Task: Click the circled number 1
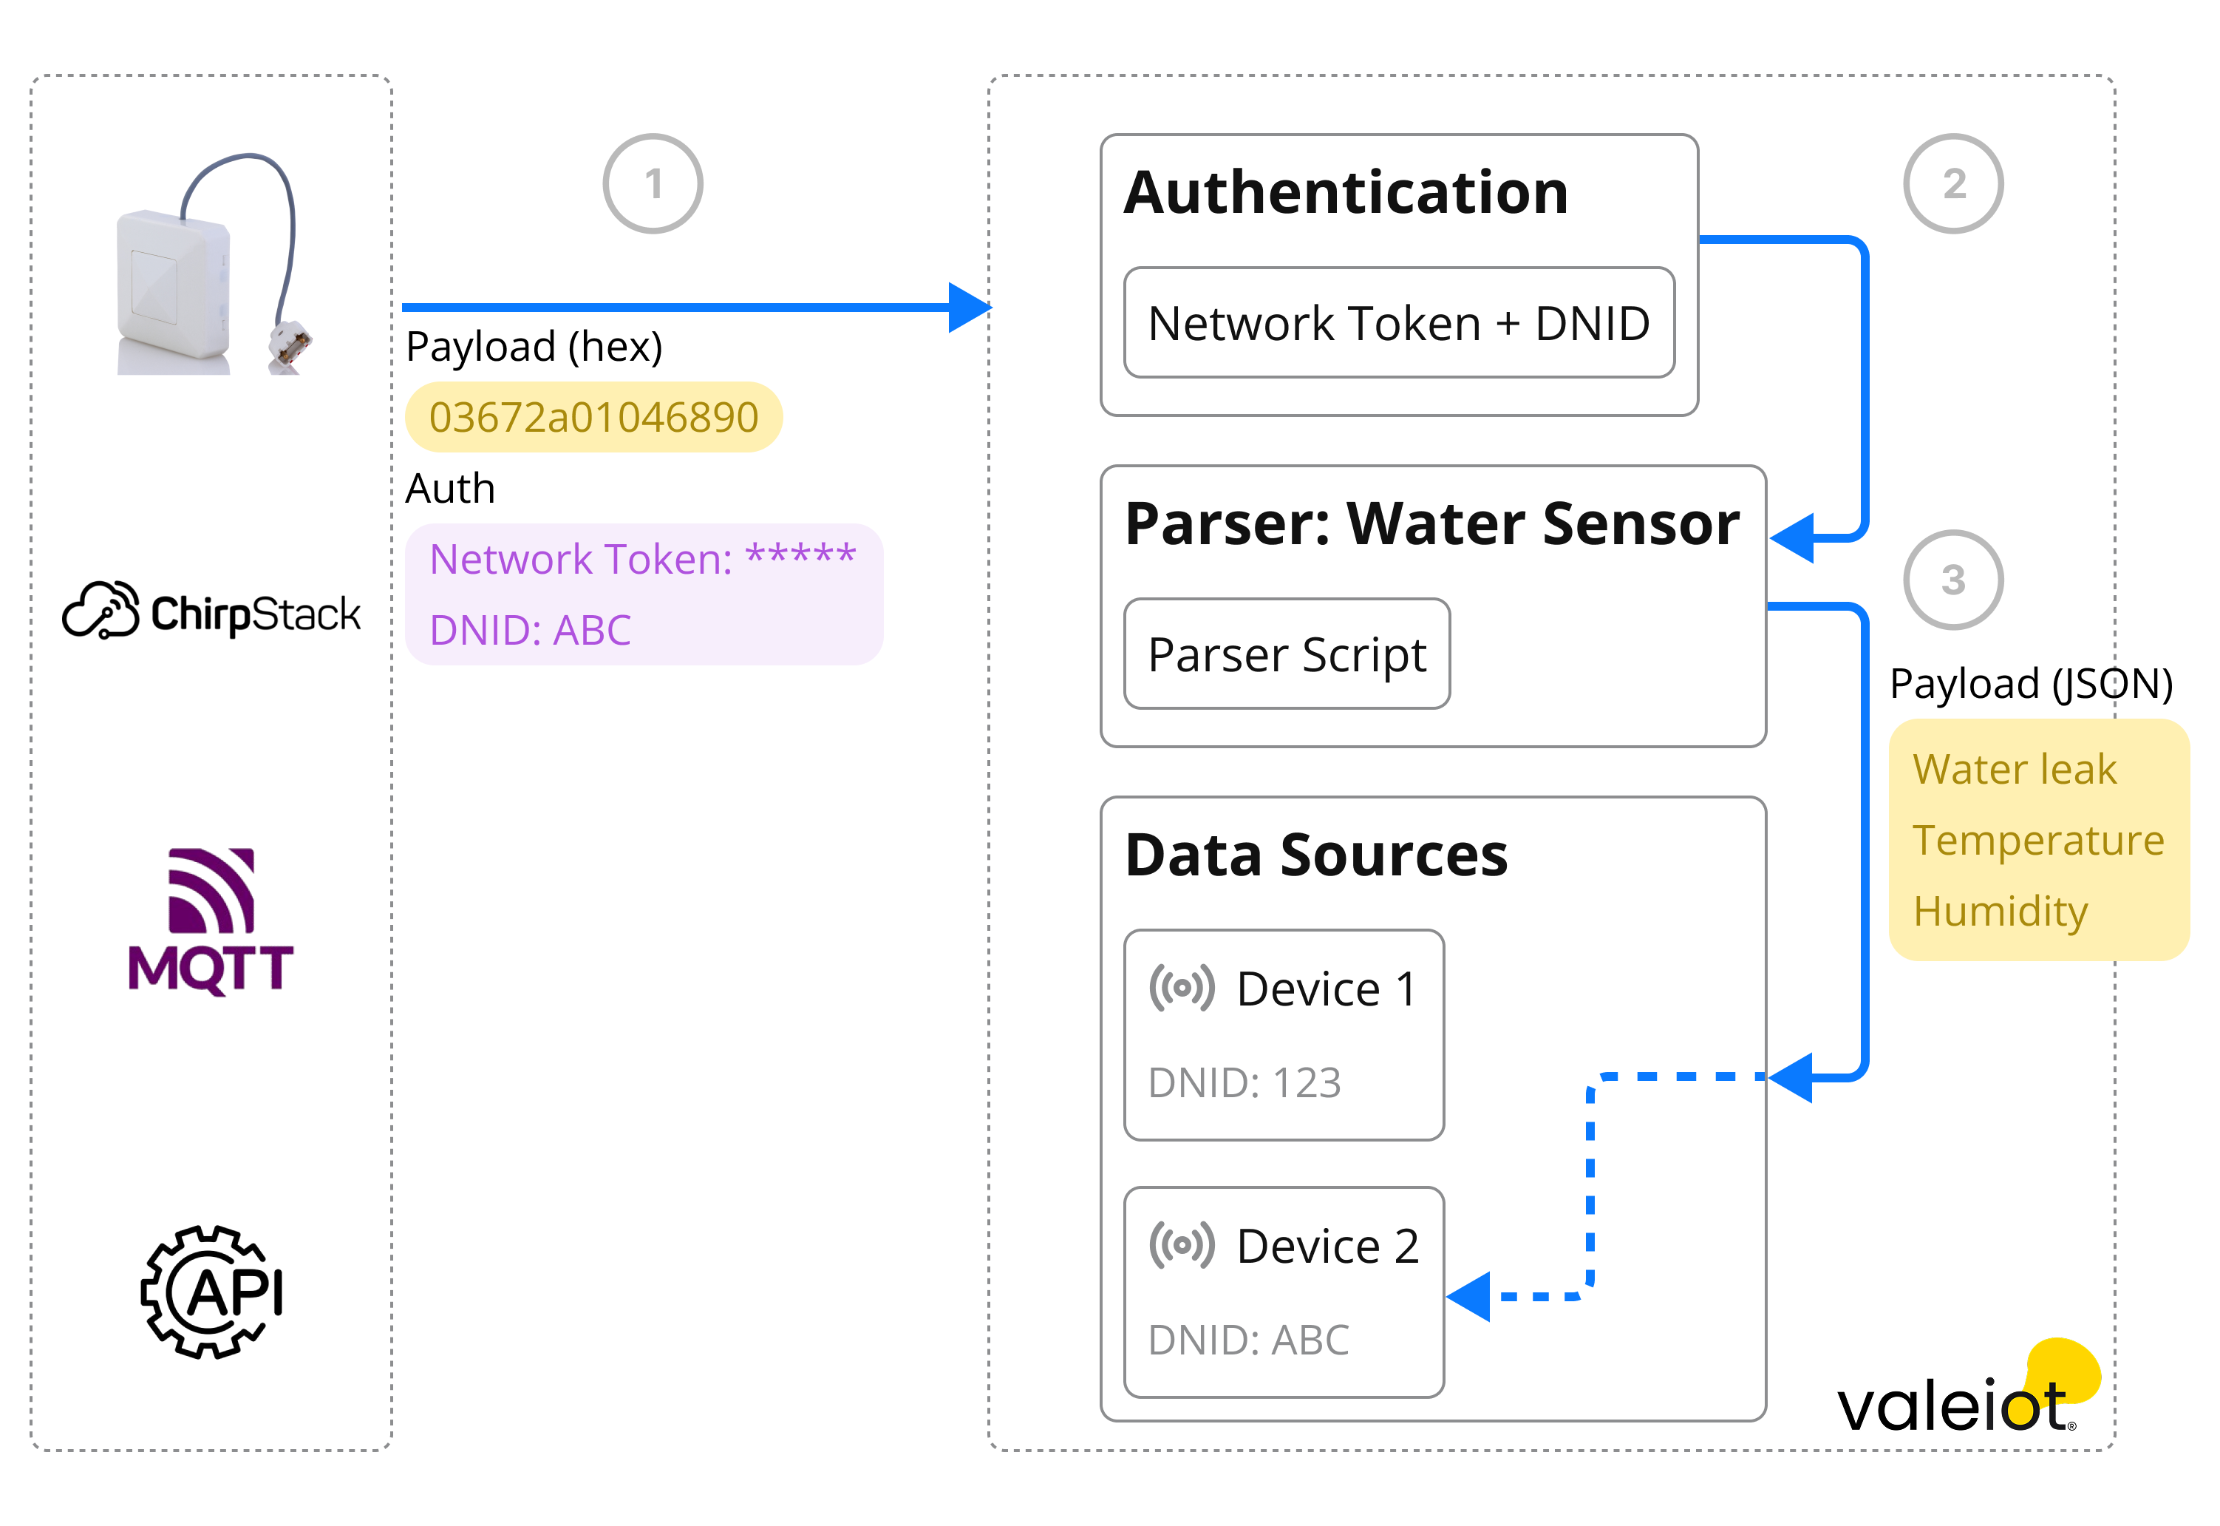653,183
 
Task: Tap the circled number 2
1952,183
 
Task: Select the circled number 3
1952,580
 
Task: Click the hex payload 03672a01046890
593,418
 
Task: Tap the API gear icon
212,1292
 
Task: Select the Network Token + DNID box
1398,323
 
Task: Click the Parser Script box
1287,655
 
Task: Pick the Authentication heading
1346,193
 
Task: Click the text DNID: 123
1245,1083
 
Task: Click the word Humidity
2001,911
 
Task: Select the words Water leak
2015,770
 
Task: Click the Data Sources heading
1316,855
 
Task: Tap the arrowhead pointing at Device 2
1470,1298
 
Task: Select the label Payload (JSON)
2031,685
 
